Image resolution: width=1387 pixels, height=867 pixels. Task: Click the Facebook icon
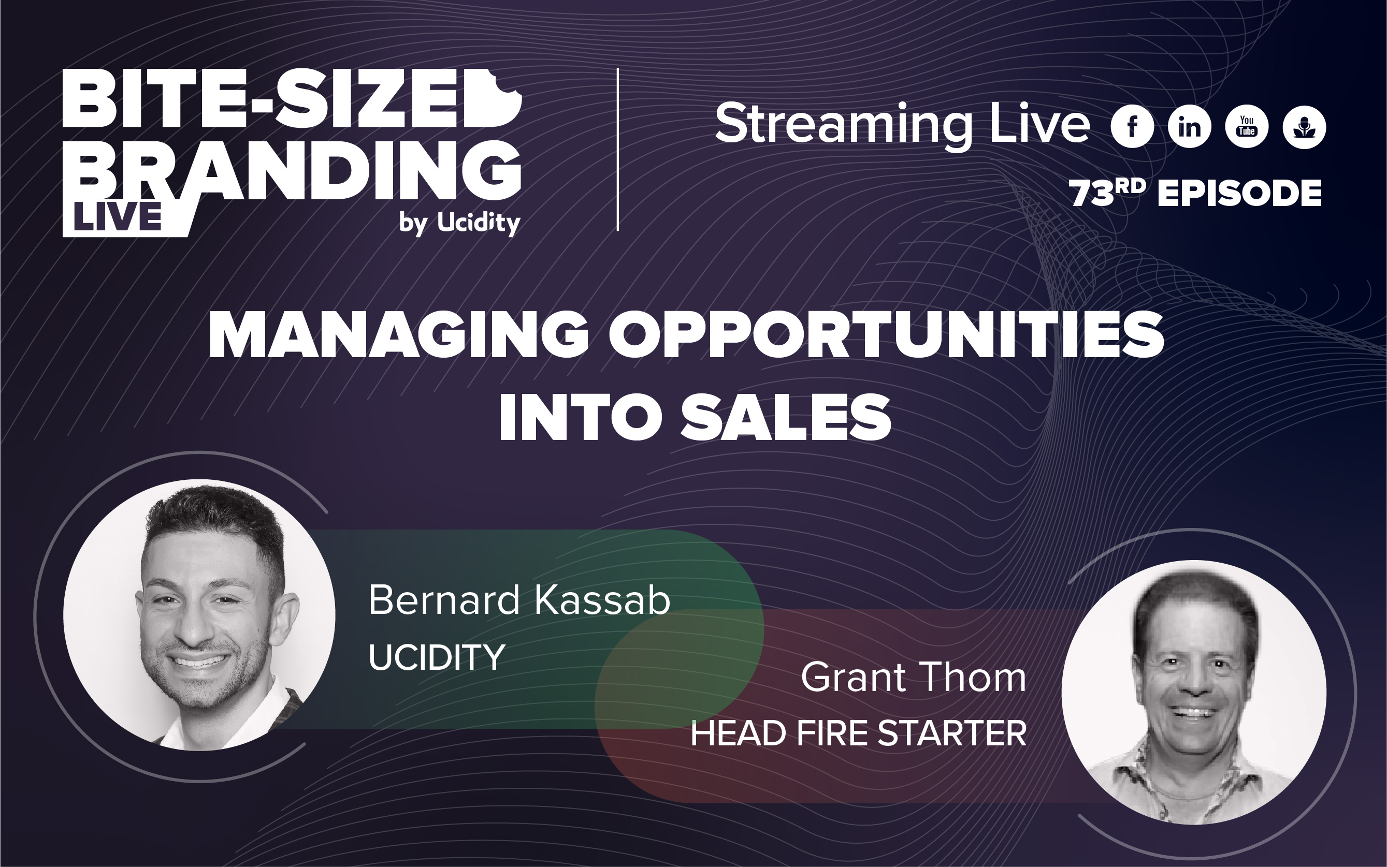click(x=1132, y=127)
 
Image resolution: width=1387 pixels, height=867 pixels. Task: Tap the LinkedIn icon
click(x=1189, y=127)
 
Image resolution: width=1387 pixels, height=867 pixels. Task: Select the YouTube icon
click(x=1247, y=127)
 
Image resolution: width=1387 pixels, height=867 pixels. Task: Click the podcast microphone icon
click(x=1304, y=127)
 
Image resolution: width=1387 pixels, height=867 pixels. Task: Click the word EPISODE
click(x=1239, y=193)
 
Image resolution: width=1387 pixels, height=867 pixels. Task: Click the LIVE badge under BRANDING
click(x=118, y=218)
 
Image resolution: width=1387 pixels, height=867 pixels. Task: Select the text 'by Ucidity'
click(x=459, y=223)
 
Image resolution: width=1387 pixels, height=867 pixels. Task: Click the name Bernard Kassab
click(x=519, y=600)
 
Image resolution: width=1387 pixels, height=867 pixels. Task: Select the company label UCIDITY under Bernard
click(x=437, y=657)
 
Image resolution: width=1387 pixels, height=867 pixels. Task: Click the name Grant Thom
click(x=913, y=678)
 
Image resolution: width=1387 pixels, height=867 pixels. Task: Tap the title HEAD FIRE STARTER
click(x=858, y=733)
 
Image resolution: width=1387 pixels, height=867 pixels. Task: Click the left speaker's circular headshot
click(x=199, y=615)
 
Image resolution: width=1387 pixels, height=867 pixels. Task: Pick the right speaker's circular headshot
click(x=1194, y=692)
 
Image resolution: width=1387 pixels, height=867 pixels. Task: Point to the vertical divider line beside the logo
click(x=618, y=149)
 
